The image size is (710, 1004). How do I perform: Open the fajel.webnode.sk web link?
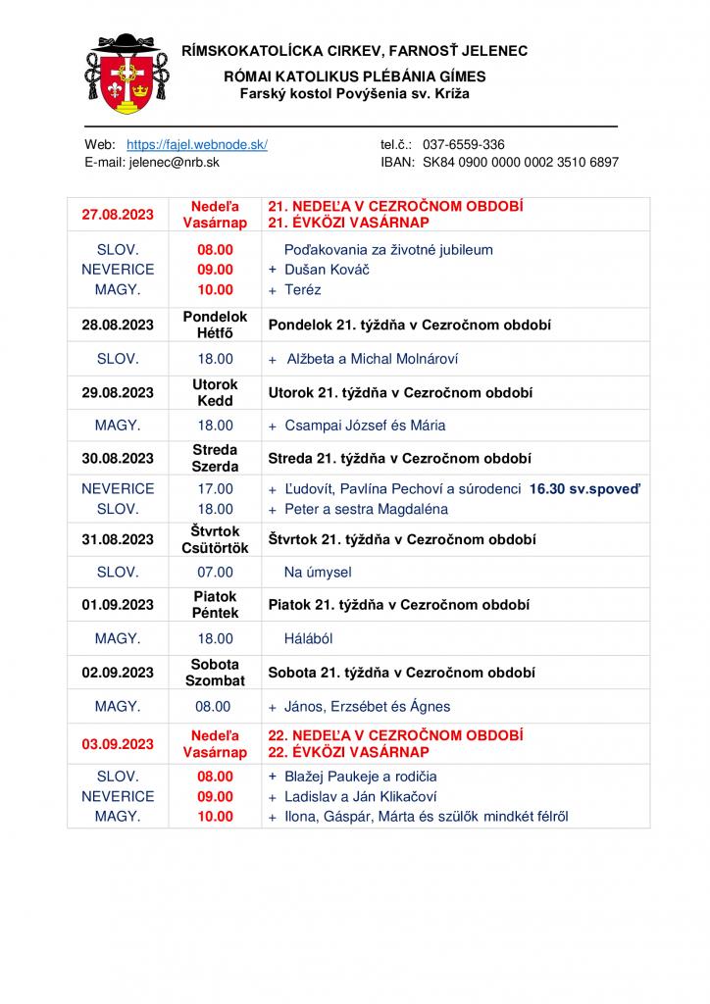click(197, 144)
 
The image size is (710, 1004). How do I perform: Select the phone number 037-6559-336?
click(464, 144)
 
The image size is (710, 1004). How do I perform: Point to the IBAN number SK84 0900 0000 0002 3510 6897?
click(520, 163)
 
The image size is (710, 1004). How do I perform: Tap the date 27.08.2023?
click(118, 215)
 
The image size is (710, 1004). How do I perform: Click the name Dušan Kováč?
click(327, 270)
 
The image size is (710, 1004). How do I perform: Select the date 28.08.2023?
click(118, 325)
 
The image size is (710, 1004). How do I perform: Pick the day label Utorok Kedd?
click(215, 393)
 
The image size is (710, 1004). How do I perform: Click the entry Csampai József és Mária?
click(365, 426)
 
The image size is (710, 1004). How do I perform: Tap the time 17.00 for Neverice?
click(216, 488)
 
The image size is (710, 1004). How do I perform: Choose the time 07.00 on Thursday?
click(216, 573)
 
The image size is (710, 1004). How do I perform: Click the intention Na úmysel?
click(318, 573)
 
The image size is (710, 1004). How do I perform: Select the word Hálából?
click(309, 638)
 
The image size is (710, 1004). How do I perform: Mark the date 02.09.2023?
click(118, 673)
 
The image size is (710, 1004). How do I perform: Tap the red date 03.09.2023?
click(118, 744)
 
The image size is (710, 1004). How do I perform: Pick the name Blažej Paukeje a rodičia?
click(354, 777)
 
